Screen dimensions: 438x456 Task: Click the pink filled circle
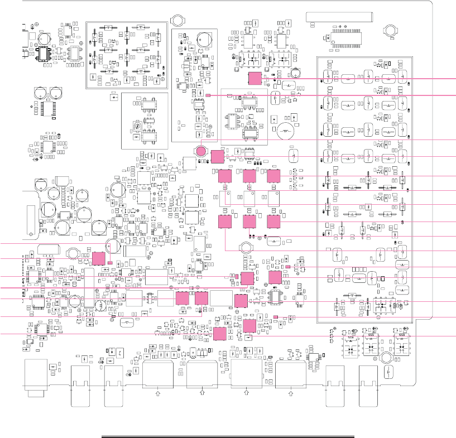click(x=202, y=150)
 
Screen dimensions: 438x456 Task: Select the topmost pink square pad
click(x=255, y=78)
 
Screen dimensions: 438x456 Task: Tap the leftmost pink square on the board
click(x=99, y=258)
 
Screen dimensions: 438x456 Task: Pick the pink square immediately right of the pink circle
click(x=218, y=156)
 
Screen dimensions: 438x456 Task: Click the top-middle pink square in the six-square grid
click(x=249, y=176)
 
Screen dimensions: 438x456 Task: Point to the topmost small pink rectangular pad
click(x=208, y=96)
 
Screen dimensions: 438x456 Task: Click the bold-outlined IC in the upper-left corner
click(x=44, y=53)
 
